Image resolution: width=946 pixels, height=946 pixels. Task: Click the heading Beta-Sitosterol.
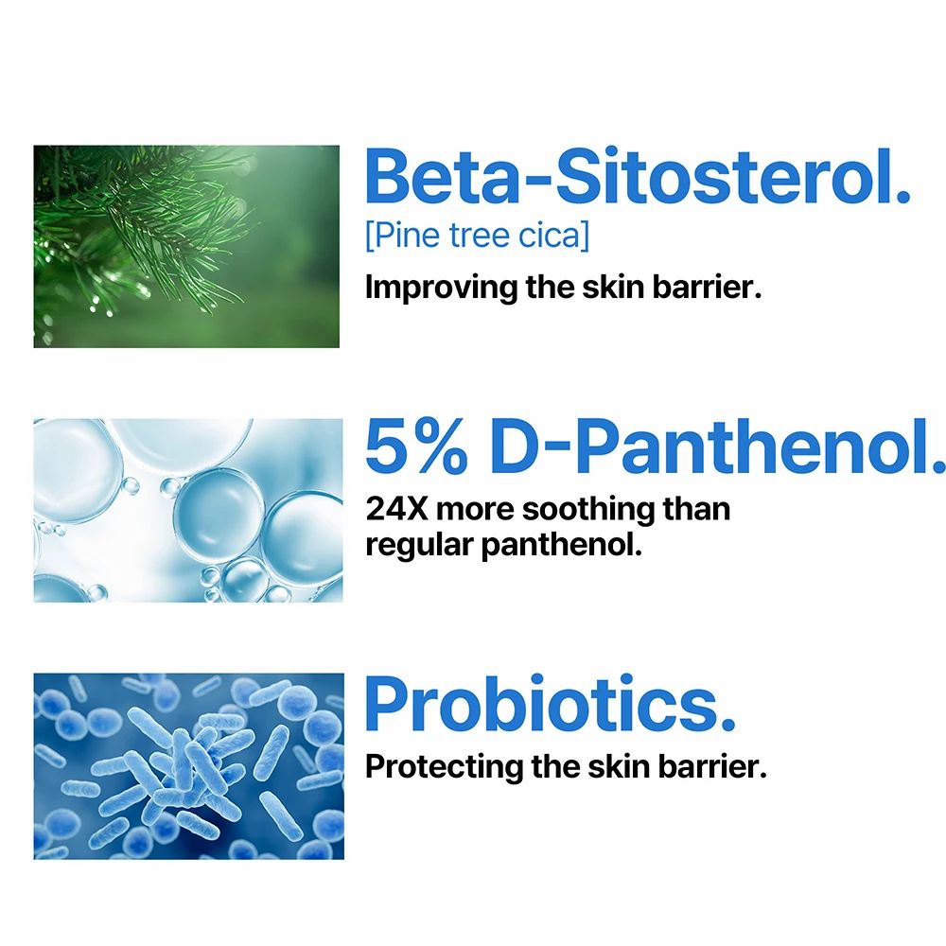coord(637,177)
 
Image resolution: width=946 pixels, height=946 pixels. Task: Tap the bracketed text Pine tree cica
coord(476,235)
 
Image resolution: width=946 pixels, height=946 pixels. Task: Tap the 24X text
coord(396,509)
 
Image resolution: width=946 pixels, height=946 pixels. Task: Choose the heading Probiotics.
coord(550,704)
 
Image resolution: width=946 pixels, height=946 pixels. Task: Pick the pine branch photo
coord(186,246)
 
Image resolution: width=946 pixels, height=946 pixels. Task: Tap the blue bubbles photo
coord(188,510)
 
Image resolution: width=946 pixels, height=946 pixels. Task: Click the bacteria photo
coord(188,766)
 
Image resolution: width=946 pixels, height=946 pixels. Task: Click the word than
coord(698,509)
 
